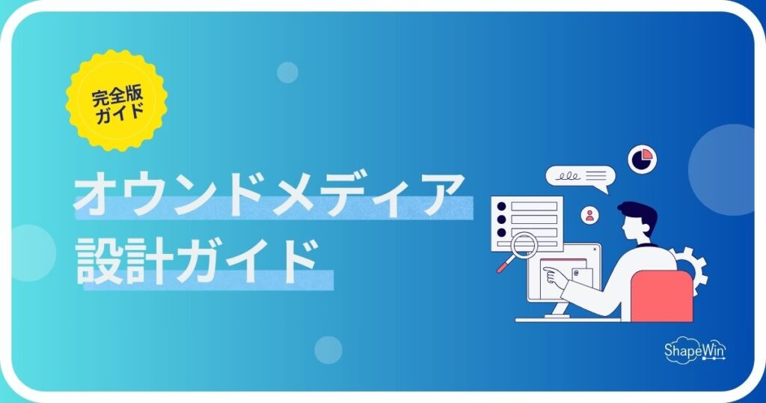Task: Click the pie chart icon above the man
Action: (x=642, y=159)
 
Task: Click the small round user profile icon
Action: (x=591, y=216)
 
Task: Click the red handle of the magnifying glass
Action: (x=504, y=265)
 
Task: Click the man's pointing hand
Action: (x=554, y=276)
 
